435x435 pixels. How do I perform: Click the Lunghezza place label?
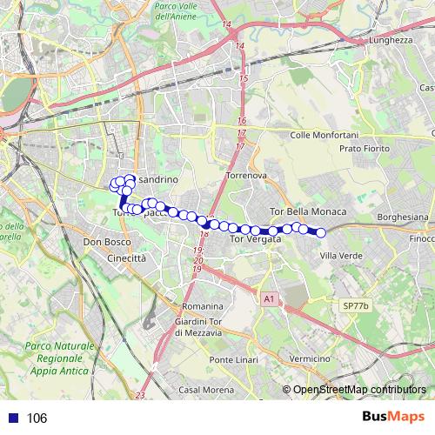coord(389,39)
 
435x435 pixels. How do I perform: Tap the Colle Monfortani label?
coord(323,135)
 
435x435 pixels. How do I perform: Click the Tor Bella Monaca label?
coord(309,211)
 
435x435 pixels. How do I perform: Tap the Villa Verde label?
coord(340,255)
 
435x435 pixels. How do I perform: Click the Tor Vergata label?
coord(255,238)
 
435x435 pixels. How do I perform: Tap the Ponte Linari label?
coord(233,360)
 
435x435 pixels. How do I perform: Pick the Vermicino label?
coord(311,358)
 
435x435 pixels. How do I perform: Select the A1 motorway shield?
coord(269,298)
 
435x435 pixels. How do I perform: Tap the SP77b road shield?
coord(355,306)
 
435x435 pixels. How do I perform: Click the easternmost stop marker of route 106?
coord(320,232)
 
